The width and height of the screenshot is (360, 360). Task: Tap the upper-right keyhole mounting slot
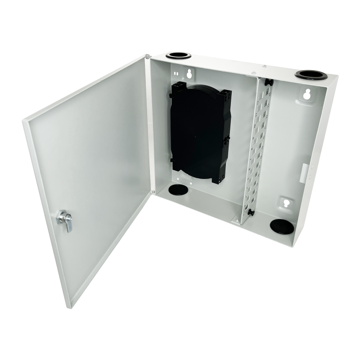tap(308, 94)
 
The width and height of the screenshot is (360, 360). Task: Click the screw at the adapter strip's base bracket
tap(237, 219)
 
